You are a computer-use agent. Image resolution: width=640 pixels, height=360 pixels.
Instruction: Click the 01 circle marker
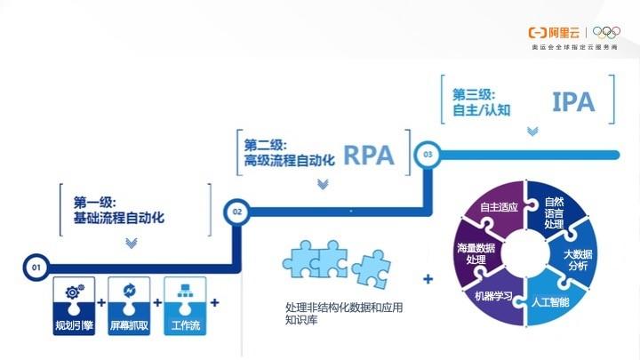tap(36, 268)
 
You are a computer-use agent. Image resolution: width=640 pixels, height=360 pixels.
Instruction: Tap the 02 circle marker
tap(236, 212)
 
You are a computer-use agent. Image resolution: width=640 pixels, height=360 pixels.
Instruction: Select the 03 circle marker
tap(428, 155)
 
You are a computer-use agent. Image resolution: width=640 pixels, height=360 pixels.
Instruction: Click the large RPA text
tap(369, 155)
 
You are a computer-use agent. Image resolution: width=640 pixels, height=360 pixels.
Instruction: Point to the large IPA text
tap(573, 101)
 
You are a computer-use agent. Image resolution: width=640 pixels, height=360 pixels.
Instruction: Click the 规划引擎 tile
tap(74, 306)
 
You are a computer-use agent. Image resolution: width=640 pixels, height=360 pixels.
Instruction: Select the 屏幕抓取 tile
tap(129, 306)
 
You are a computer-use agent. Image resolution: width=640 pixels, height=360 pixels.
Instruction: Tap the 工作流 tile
tap(185, 306)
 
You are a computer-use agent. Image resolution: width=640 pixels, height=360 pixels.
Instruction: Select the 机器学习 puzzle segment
tap(495, 298)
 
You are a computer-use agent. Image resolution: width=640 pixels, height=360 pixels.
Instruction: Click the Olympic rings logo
tap(606, 32)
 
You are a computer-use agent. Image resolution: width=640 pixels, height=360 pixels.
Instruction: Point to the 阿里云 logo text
tap(564, 33)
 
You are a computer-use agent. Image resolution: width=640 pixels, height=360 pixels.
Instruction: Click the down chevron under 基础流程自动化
tap(131, 244)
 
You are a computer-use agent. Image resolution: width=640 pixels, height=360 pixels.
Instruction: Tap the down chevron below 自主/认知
tap(532, 131)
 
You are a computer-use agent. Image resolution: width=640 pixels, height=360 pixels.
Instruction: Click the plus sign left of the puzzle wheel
tap(428, 279)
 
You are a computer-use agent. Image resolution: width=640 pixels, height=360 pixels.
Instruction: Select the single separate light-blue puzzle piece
tap(371, 269)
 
